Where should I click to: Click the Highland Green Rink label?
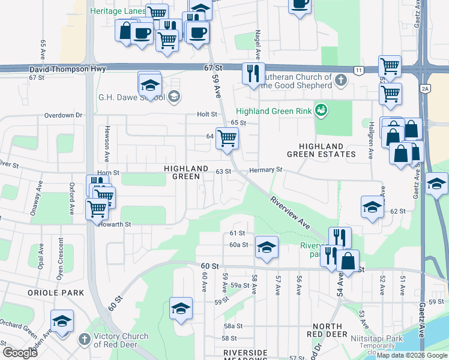[274, 111]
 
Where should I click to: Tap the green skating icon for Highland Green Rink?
[322, 110]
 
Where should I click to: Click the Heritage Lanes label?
[117, 11]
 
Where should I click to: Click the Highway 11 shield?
[358, 70]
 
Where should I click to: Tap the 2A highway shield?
[425, 89]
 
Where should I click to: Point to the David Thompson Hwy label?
[68, 70]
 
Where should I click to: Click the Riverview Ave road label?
[290, 212]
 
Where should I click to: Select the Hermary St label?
[266, 170]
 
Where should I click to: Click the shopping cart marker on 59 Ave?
[227, 139]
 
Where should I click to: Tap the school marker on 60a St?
[266, 247]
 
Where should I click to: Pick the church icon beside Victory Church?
[85, 340]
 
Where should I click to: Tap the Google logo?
[20, 353]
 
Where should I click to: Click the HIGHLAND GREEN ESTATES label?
[324, 150]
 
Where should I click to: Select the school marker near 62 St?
[372, 208]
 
